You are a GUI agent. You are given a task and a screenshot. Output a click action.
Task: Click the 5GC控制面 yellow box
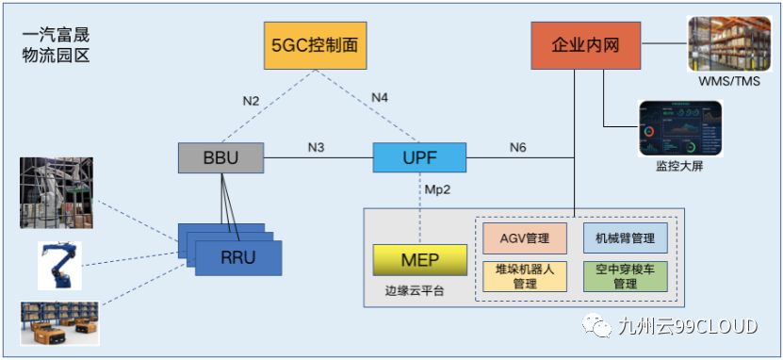point(313,44)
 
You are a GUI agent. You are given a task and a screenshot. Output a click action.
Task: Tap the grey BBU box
point(220,156)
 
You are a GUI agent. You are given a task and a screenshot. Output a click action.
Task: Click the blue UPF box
point(406,156)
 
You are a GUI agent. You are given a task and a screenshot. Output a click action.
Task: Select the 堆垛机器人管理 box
point(525,275)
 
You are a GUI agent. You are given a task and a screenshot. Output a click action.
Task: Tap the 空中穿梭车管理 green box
point(625,275)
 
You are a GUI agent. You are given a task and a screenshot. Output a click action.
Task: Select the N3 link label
point(317,147)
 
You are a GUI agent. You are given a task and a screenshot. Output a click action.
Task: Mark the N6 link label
point(518,147)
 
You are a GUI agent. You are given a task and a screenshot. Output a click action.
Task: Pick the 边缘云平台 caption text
point(415,290)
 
